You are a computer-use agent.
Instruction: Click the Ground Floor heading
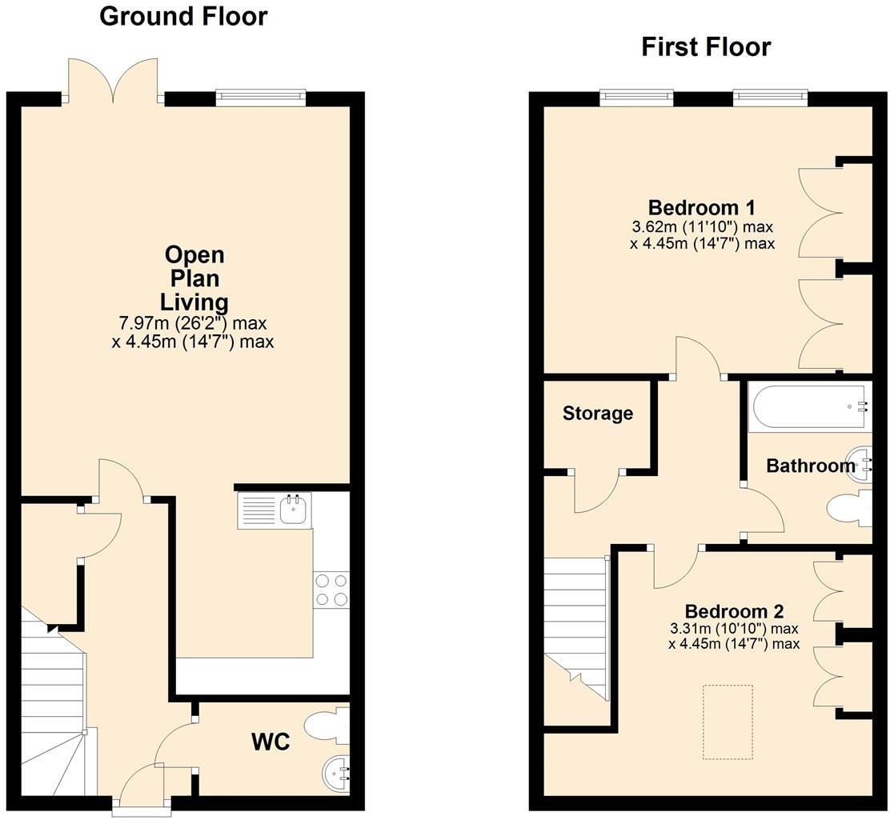click(x=183, y=16)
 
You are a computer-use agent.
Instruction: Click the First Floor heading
click(x=706, y=46)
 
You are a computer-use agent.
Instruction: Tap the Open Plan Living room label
click(x=194, y=278)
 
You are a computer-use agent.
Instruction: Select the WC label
click(x=271, y=741)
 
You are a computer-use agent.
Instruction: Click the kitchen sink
click(x=295, y=509)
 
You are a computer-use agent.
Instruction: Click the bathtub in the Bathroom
click(x=809, y=406)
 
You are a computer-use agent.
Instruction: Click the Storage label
click(x=598, y=413)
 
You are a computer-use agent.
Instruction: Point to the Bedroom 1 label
click(x=702, y=207)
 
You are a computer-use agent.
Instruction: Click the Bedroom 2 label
click(x=734, y=611)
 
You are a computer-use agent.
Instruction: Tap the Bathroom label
click(x=811, y=466)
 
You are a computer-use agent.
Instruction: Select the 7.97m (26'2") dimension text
click(x=192, y=323)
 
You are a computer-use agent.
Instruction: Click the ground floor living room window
click(x=261, y=98)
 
